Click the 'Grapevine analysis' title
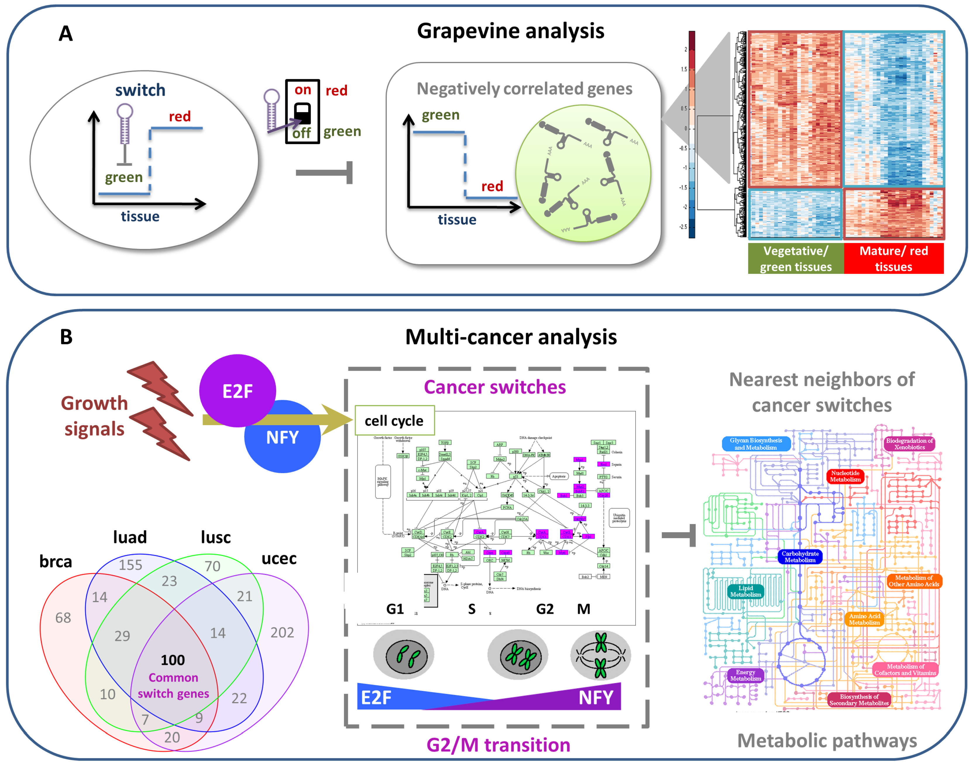[510, 32]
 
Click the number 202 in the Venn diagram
[282, 633]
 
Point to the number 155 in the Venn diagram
[130, 564]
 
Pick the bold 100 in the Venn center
[173, 660]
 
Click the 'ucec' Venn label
[279, 558]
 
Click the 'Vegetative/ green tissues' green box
[795, 259]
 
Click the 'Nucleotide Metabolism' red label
[845, 476]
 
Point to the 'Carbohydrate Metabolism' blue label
[800, 557]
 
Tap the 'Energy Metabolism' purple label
[745, 675]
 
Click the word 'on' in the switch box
[303, 90]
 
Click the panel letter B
[66, 337]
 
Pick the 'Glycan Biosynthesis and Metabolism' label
[756, 444]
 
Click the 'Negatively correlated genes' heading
[524, 89]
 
